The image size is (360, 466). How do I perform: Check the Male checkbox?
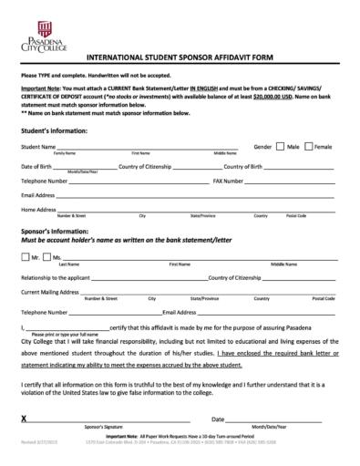(281, 146)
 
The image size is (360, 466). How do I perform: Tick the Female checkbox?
(309, 146)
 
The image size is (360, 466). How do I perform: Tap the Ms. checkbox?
(46, 257)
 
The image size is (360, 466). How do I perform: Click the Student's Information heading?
(54, 131)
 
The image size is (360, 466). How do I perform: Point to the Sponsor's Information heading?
(56, 231)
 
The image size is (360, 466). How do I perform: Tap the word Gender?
(262, 147)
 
